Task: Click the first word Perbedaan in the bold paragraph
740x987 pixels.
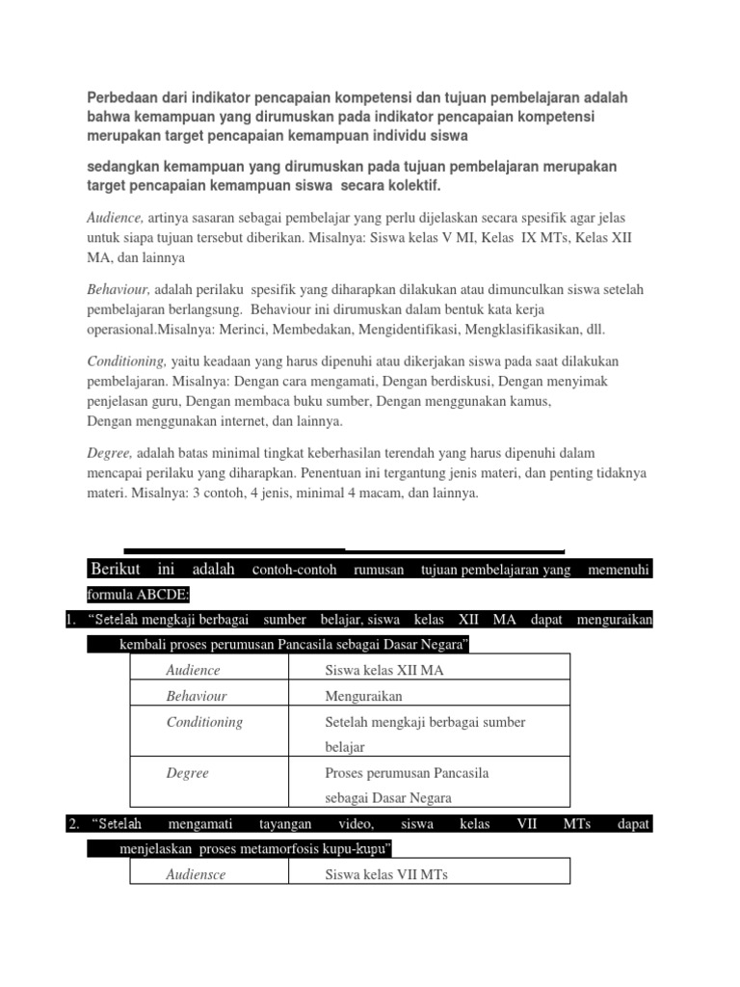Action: point(119,98)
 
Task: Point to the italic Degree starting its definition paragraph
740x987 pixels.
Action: point(109,452)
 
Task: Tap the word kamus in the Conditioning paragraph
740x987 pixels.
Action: point(530,401)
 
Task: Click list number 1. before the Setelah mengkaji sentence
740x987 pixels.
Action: point(71,621)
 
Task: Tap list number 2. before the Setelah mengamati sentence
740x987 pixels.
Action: point(72,824)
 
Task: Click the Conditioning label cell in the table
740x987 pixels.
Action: point(204,722)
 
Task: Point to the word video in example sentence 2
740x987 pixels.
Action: point(355,824)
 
